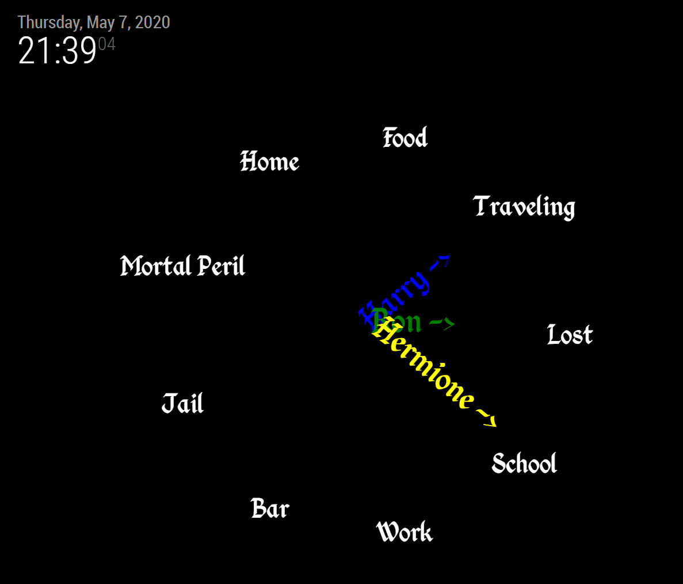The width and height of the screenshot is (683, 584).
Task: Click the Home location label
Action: (x=269, y=162)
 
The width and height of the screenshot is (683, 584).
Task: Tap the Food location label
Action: (x=405, y=138)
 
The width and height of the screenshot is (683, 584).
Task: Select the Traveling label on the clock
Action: (x=524, y=207)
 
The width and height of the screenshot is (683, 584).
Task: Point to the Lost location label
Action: (x=569, y=335)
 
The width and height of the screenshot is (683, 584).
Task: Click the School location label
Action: (x=524, y=464)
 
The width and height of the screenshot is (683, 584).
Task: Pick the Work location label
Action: (x=404, y=532)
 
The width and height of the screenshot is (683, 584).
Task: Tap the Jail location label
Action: (x=182, y=404)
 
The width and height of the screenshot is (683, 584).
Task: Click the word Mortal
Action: (x=155, y=266)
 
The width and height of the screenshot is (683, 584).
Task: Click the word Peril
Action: (x=222, y=266)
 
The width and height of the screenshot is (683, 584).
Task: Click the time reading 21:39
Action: (x=57, y=51)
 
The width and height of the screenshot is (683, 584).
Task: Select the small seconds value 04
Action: (x=106, y=44)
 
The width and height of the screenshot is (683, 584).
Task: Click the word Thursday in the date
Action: (x=49, y=22)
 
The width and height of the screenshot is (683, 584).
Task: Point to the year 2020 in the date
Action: (x=152, y=22)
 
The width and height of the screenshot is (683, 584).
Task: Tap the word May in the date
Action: (x=100, y=22)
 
